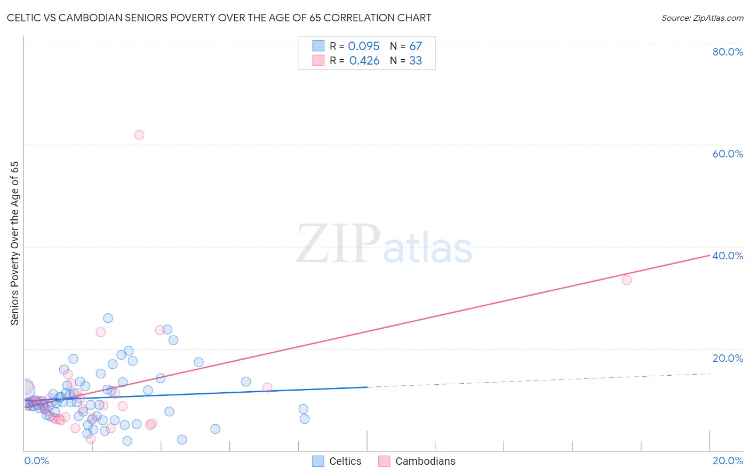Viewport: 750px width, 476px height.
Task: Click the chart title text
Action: [x=219, y=18]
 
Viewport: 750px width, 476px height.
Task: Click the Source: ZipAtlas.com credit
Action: [x=702, y=18]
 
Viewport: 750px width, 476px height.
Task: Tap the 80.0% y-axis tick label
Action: [x=728, y=52]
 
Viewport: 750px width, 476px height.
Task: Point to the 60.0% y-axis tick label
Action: [x=728, y=154]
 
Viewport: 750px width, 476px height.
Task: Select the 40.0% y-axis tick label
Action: [x=728, y=256]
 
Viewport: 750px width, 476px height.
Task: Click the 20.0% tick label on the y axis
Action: [x=728, y=358]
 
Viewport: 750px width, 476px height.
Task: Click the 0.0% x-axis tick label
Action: [x=36, y=461]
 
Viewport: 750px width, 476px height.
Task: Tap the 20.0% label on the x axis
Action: [x=728, y=461]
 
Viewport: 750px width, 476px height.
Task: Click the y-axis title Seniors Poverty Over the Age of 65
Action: [x=14, y=243]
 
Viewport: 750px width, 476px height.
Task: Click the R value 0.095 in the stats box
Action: [x=364, y=46]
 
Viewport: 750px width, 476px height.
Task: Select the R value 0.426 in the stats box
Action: [x=364, y=61]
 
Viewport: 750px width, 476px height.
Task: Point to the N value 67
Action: [x=416, y=46]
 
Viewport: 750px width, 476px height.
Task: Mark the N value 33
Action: [x=416, y=61]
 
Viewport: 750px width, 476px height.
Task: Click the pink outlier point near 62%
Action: [x=139, y=134]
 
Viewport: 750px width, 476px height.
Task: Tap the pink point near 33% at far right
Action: [x=627, y=280]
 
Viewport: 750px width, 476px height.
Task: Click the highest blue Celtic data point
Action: [x=108, y=318]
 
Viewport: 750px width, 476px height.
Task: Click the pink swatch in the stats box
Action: [x=318, y=60]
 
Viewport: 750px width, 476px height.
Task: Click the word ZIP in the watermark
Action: [x=338, y=244]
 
